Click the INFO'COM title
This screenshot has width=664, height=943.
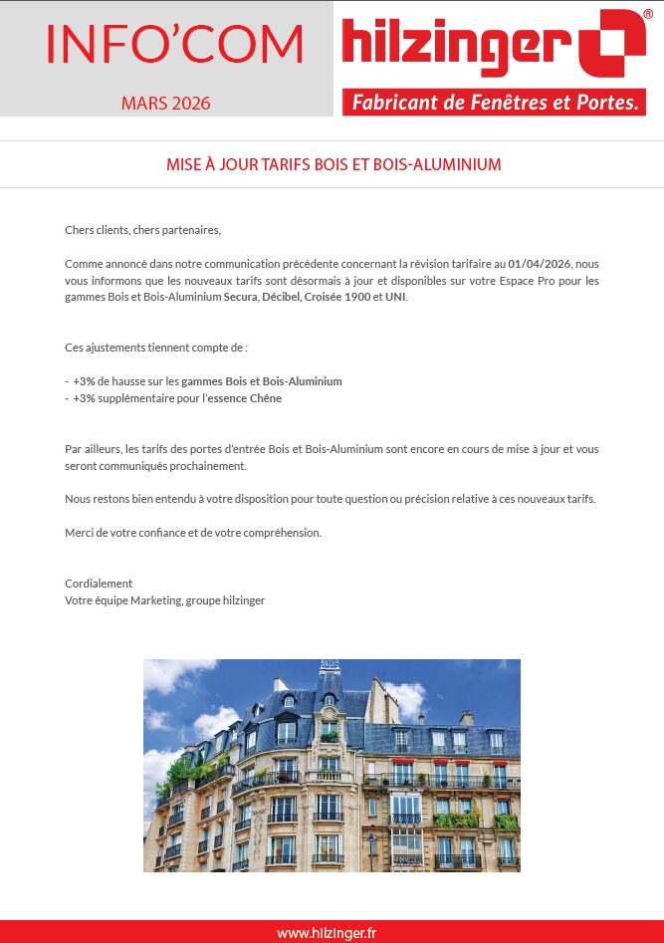pyautogui.click(x=175, y=43)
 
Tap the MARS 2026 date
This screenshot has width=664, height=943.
pyautogui.click(x=166, y=104)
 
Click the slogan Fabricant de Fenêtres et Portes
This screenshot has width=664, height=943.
pyautogui.click(x=494, y=103)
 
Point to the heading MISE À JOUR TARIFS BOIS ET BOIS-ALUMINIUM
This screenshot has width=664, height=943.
pyautogui.click(x=333, y=163)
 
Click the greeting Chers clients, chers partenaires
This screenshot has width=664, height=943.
pyautogui.click(x=142, y=230)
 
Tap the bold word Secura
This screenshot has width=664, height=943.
pyautogui.click(x=240, y=297)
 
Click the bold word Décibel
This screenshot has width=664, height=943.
pyautogui.click(x=281, y=297)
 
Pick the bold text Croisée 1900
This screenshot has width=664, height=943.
pyautogui.click(x=336, y=297)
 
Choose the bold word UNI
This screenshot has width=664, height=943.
pyautogui.click(x=394, y=297)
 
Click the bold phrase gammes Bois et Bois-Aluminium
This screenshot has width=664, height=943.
pyautogui.click(x=262, y=381)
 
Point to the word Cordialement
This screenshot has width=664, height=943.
pyautogui.click(x=99, y=584)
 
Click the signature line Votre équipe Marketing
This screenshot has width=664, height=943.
pyautogui.click(x=164, y=600)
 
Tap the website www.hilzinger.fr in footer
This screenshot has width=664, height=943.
pyautogui.click(x=327, y=933)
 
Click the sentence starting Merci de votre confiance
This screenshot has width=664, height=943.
pyautogui.click(x=193, y=533)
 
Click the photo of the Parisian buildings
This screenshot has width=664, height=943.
pyautogui.click(x=332, y=765)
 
